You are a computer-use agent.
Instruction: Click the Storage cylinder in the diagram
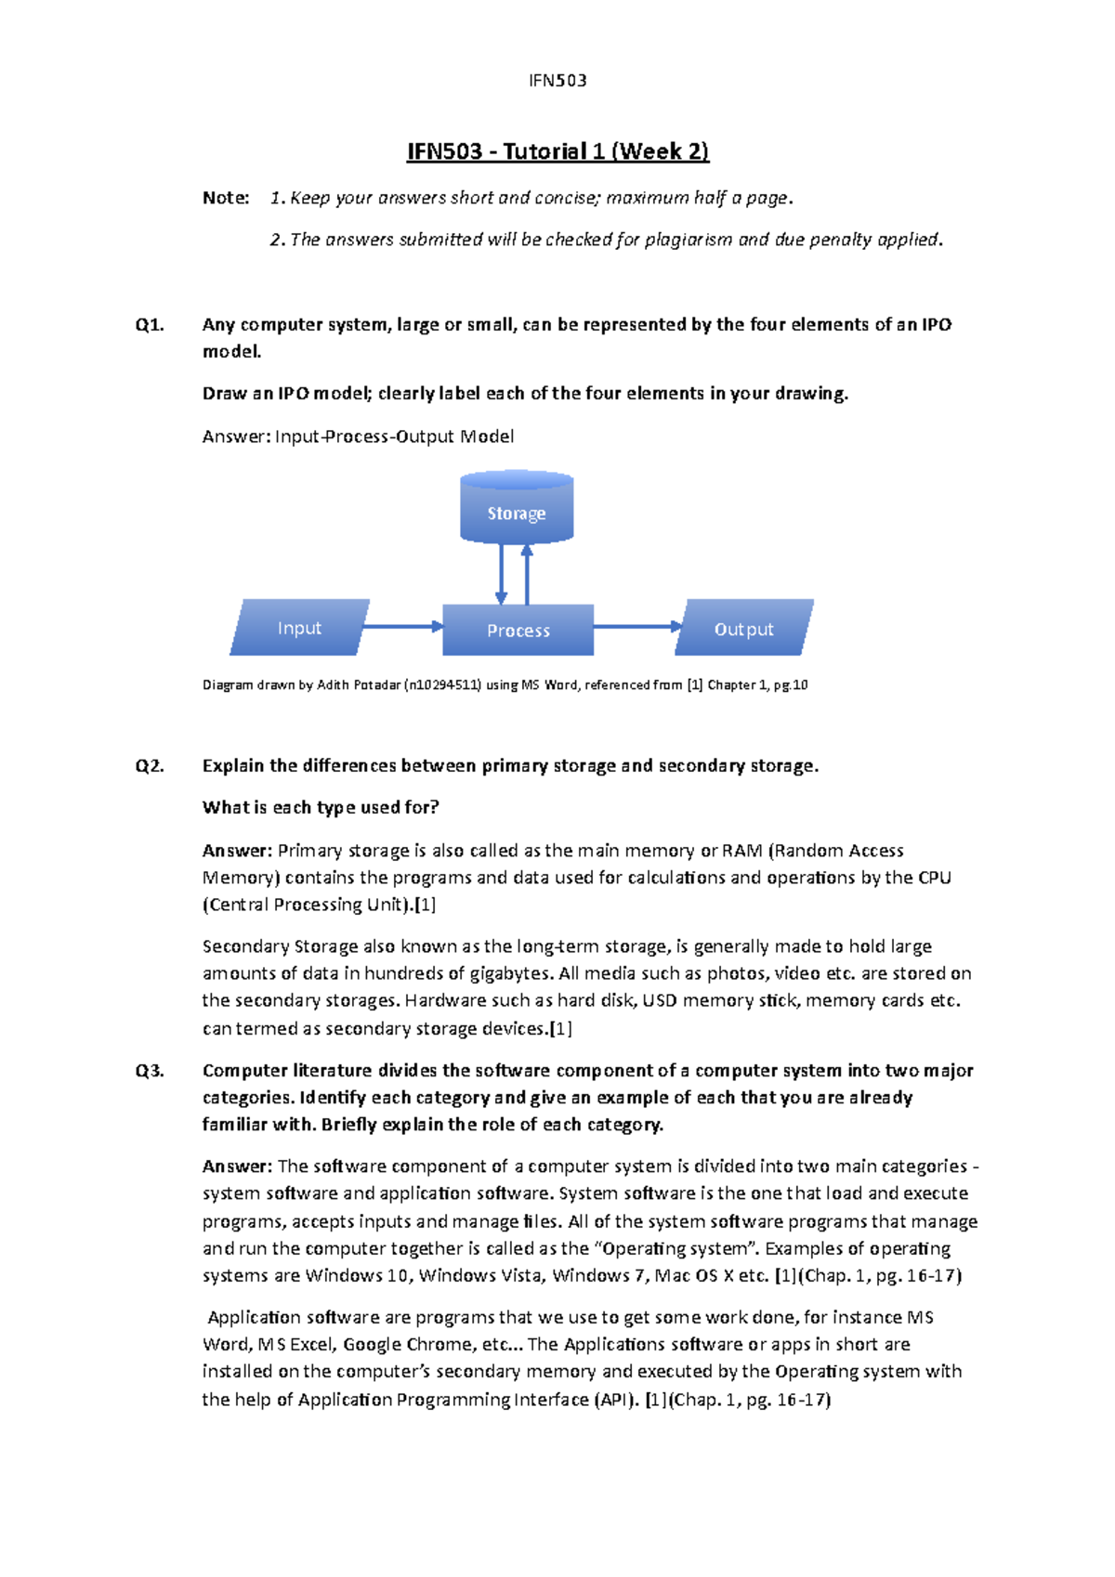(517, 508)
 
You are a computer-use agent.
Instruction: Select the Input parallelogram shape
(299, 628)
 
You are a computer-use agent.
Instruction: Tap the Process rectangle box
(518, 631)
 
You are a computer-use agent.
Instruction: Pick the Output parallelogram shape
(743, 629)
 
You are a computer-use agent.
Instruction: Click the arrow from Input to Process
(401, 627)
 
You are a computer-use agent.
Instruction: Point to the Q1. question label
(150, 325)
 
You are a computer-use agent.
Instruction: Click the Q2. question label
(150, 766)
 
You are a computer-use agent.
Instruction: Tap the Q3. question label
(150, 1071)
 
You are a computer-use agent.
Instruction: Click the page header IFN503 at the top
(557, 81)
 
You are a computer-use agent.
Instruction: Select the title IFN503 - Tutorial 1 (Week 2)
(557, 151)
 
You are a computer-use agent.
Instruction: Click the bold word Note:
(226, 198)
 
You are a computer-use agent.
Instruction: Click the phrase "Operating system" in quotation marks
(675, 1249)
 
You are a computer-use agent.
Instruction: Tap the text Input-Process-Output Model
(394, 437)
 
